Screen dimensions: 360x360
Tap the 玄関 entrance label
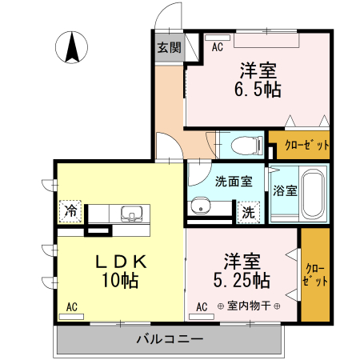coord(168,47)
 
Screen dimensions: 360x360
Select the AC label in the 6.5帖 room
coord(217,48)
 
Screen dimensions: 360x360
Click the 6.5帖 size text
coord(258,89)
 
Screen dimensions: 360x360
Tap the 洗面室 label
coord(233,182)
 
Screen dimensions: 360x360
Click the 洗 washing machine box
coord(248,213)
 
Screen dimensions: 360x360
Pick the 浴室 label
coord(286,191)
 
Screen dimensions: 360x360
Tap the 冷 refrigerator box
coord(71,213)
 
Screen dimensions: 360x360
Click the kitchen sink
coord(130,214)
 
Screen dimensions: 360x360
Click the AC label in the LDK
coord(71,306)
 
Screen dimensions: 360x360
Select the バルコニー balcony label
coord(169,339)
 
